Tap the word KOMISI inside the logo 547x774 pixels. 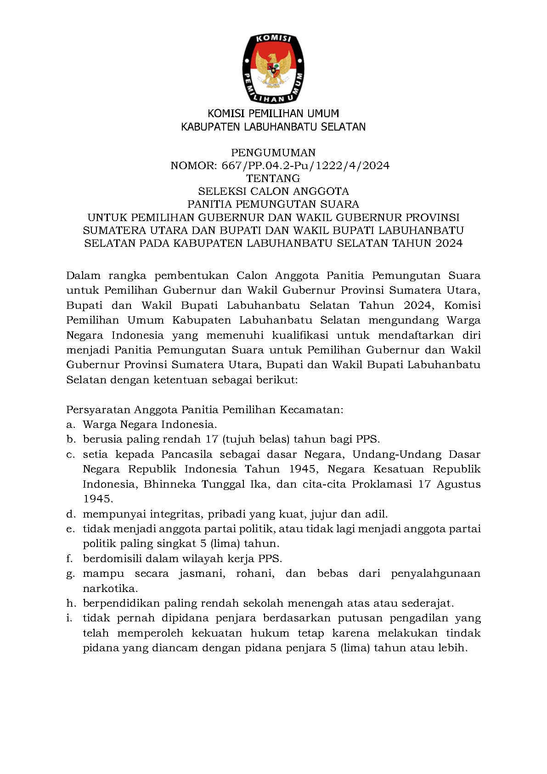pyautogui.click(x=273, y=40)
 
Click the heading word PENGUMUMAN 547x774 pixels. pyautogui.click(x=273, y=152)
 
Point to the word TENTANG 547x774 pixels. pyautogui.click(x=273, y=178)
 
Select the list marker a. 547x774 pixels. pyautogui.click(x=70, y=424)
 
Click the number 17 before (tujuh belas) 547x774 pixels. pyautogui.click(x=211, y=439)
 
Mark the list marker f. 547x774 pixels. pyautogui.click(x=70, y=558)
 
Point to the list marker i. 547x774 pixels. pyautogui.click(x=69, y=618)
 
